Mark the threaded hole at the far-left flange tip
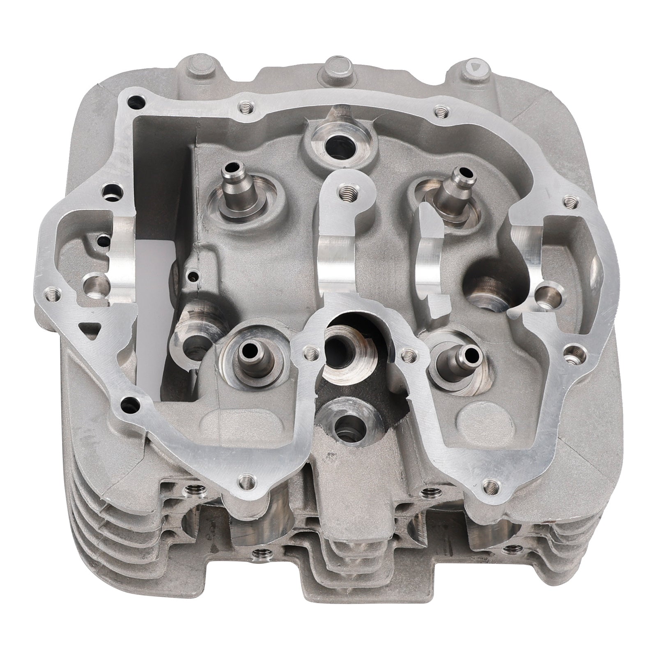(52, 294)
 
